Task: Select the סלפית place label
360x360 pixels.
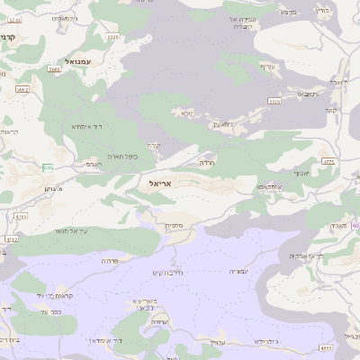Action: coord(174,225)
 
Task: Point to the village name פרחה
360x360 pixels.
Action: coord(110,261)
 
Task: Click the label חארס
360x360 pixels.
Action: coord(94,164)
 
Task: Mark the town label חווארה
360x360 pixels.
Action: coord(338,82)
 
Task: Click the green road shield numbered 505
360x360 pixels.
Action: coord(47,167)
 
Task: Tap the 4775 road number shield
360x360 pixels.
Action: coord(328,162)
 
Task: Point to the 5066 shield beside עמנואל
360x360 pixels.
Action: coord(53,68)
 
